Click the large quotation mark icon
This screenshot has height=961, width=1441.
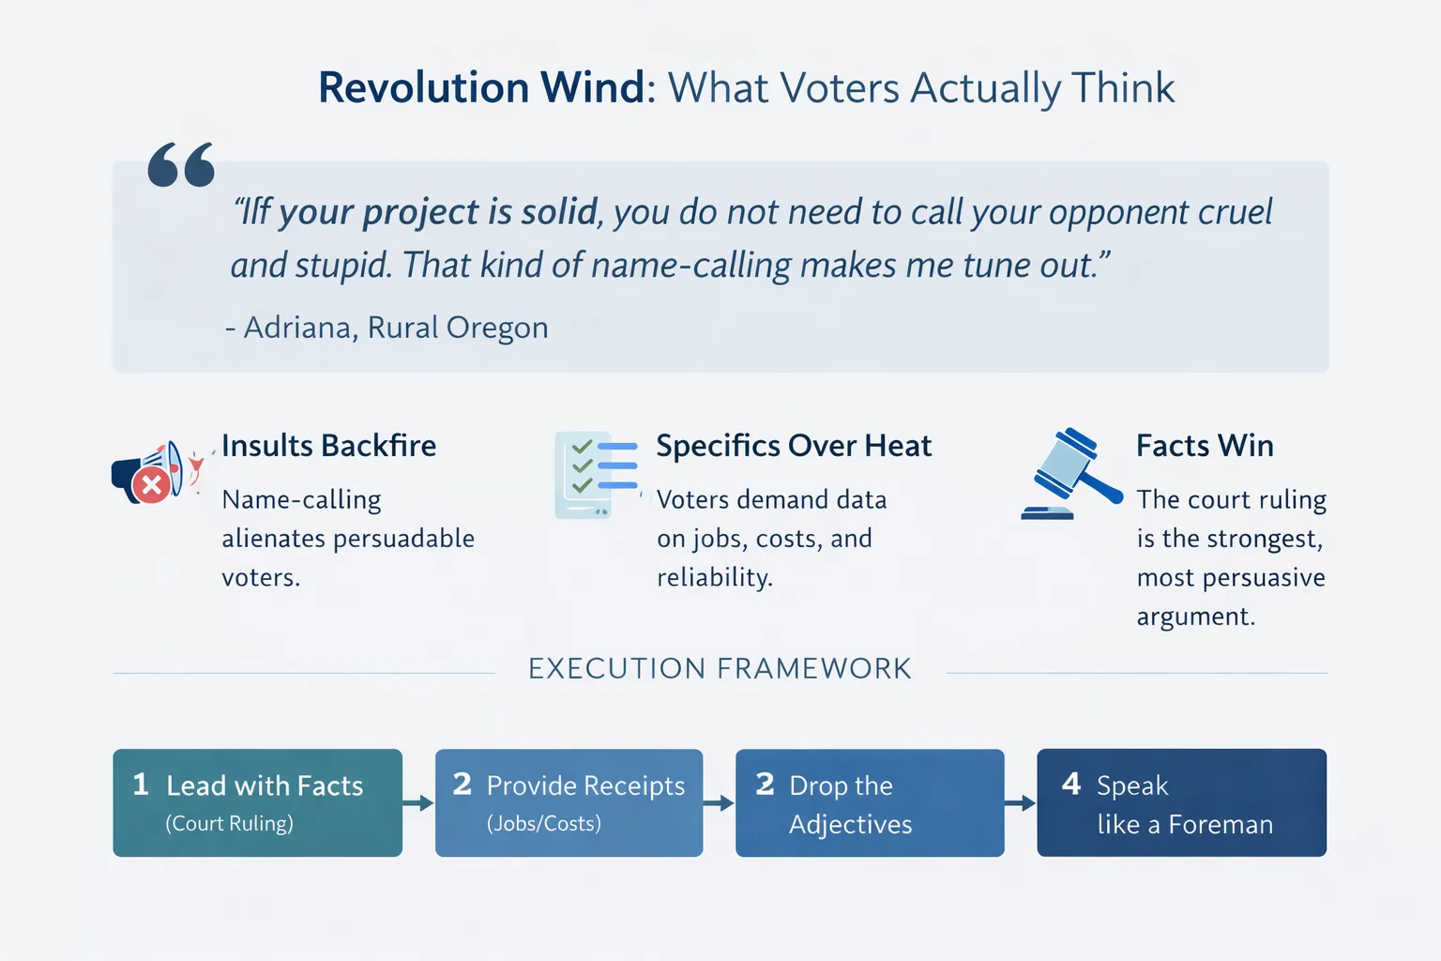(181, 165)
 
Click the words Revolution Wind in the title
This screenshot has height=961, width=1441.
(481, 88)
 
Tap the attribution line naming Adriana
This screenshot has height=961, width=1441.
(387, 328)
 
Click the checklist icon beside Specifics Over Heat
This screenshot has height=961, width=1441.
(596, 474)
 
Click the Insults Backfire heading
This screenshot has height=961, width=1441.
(328, 446)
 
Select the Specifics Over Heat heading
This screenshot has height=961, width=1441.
(794, 446)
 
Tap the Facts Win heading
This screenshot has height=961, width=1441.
(1205, 446)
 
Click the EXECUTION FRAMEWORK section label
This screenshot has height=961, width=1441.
(720, 669)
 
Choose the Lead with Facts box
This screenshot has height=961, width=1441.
(257, 802)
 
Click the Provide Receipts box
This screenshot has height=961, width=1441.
(569, 802)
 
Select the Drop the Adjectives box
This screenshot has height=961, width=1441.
(870, 802)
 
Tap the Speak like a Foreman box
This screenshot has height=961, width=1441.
(1181, 802)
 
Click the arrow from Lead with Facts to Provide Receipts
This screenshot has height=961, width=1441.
(418, 803)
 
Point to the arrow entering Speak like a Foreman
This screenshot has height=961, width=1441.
(1020, 803)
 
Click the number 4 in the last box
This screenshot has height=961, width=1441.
(1070, 784)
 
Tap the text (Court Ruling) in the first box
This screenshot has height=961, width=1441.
(230, 824)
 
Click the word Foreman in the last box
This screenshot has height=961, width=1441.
(1221, 825)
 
